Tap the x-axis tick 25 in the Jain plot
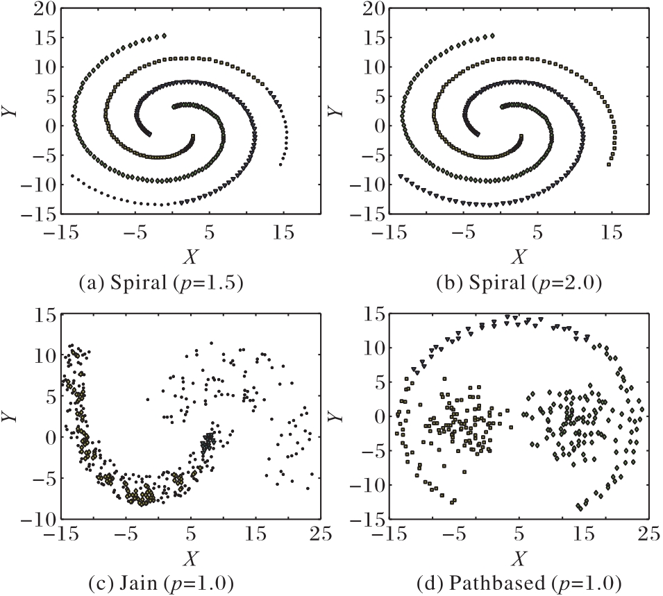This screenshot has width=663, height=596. pyautogui.click(x=320, y=533)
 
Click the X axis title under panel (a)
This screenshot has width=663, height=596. pyautogui.click(x=190, y=257)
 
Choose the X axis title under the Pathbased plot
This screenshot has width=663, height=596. pyautogui.click(x=518, y=556)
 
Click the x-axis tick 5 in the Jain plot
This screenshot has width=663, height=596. pyautogui.click(x=191, y=533)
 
